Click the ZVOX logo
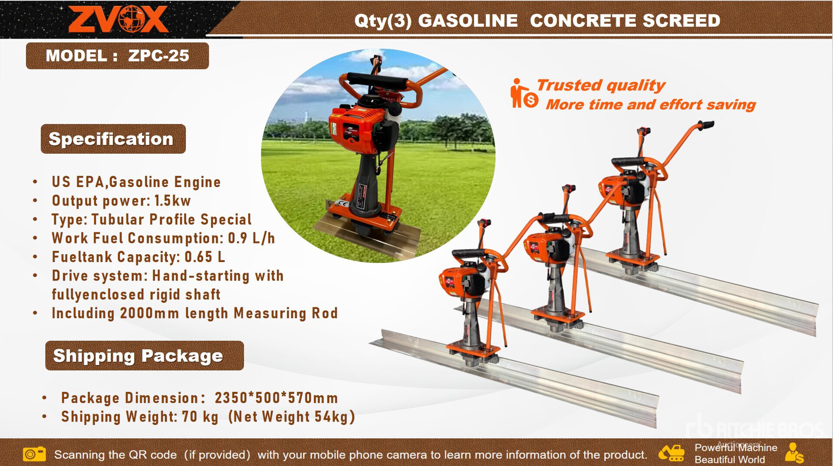[x=118, y=19]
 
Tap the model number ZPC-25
[x=158, y=56]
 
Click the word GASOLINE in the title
[x=468, y=20]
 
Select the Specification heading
[x=111, y=139]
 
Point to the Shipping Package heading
[x=138, y=356]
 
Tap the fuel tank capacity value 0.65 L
[x=205, y=257]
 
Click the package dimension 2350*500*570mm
[x=276, y=398]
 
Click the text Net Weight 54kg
[x=292, y=417]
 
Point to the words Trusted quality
[x=601, y=85]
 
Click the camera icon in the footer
[x=34, y=454]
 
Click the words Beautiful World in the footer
[x=730, y=459]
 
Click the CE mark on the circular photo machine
[x=343, y=203]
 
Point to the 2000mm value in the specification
[x=149, y=313]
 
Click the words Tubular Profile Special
[x=171, y=220]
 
